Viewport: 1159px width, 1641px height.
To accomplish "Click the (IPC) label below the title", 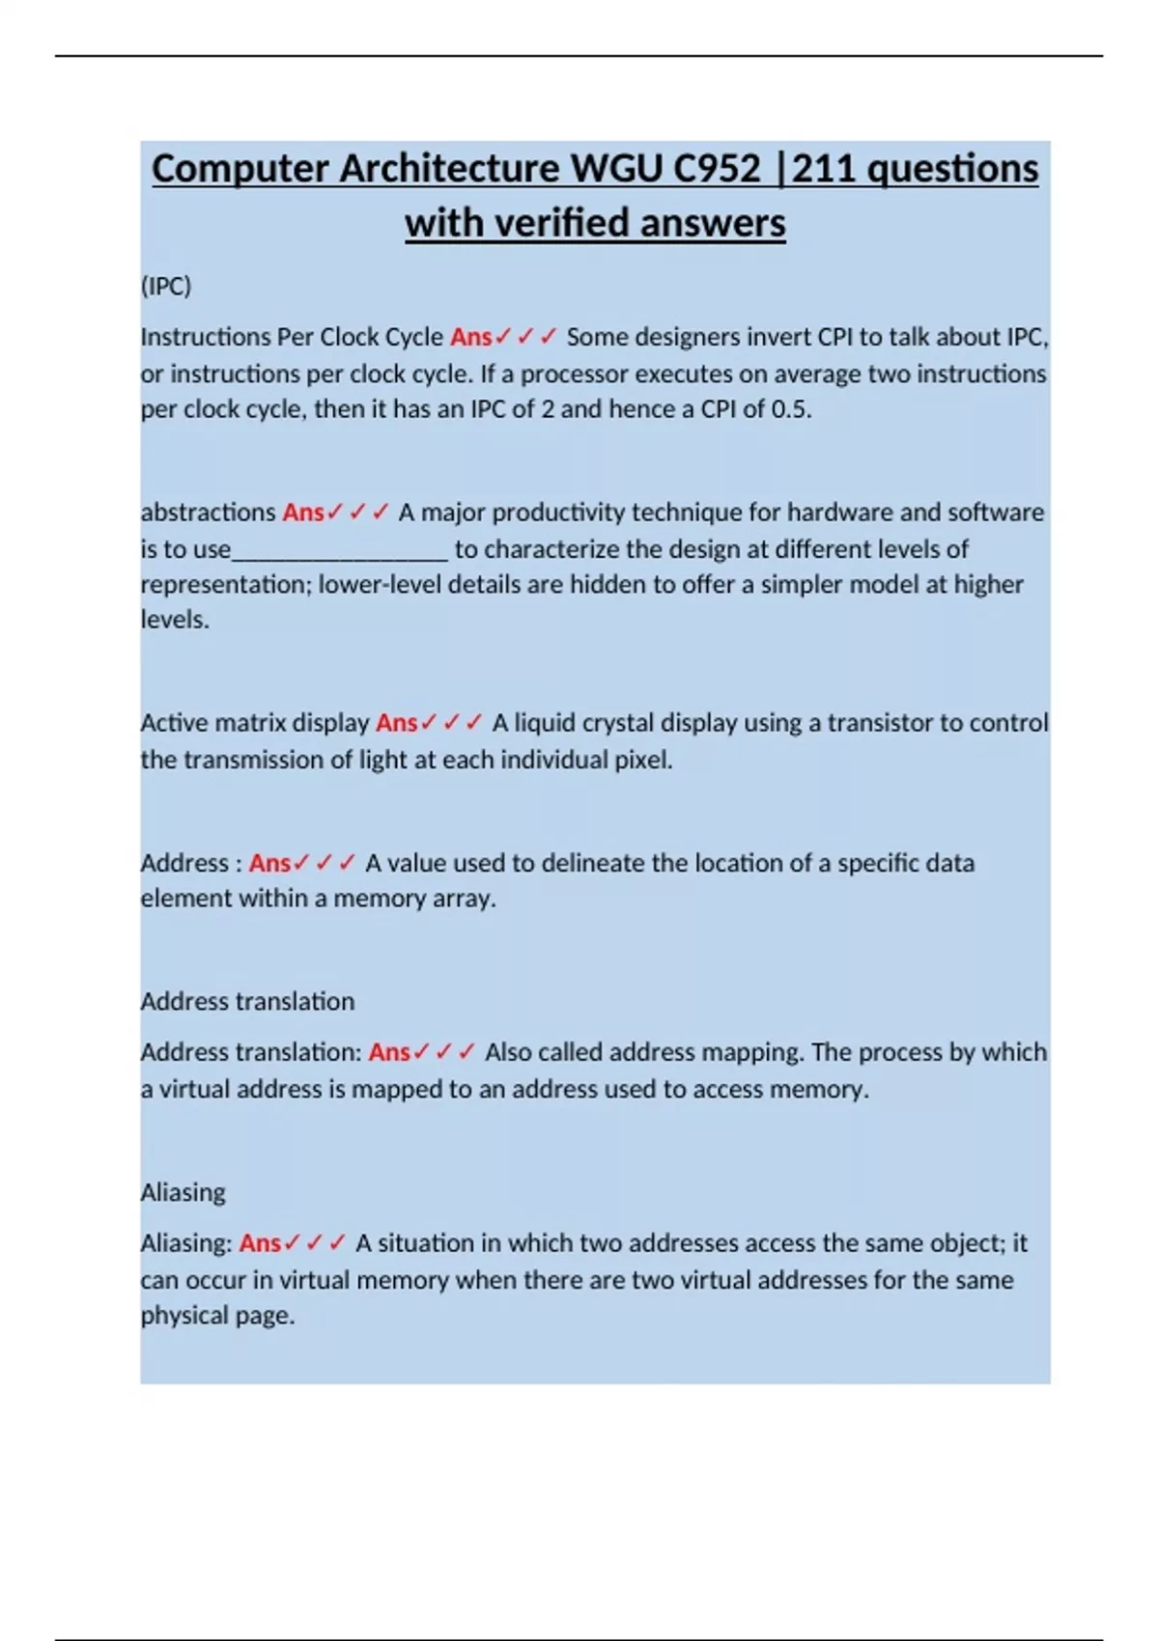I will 166,286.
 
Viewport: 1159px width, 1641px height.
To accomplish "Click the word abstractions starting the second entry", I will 208,512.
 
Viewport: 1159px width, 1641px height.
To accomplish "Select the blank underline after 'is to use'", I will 340,550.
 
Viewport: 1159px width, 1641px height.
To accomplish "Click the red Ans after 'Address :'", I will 269,863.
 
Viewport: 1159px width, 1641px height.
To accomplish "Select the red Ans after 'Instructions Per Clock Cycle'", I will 470,337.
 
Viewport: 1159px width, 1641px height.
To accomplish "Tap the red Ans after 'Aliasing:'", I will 260,1243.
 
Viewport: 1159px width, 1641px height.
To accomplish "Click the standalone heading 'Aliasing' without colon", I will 183,1192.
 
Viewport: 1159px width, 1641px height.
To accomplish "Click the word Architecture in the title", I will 451,169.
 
